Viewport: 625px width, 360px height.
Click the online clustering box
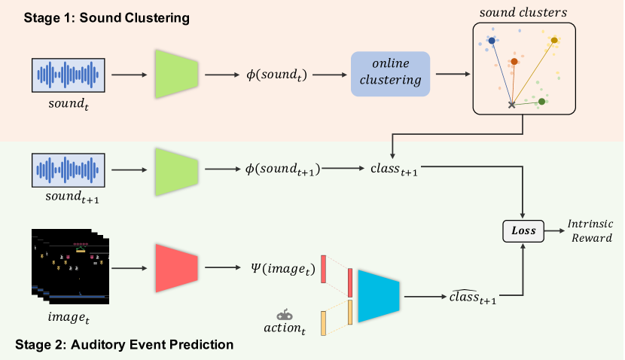[x=390, y=74]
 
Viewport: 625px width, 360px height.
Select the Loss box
[x=523, y=230]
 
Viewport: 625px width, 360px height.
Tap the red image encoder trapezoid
[x=176, y=268]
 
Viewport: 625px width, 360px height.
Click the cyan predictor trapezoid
[x=379, y=296]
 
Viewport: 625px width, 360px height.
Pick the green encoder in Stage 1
[x=176, y=74]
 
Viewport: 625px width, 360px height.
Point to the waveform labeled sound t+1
[x=69, y=170]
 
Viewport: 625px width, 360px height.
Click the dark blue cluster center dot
[x=492, y=41]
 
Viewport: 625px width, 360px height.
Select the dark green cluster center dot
[x=541, y=102]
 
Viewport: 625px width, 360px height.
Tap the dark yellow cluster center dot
[x=554, y=40]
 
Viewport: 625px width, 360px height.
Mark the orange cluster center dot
[x=514, y=62]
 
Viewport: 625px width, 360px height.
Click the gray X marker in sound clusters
[x=512, y=105]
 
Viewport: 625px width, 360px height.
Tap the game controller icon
[x=285, y=315]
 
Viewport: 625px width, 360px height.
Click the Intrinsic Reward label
[x=590, y=230]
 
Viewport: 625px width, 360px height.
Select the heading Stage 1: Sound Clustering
[x=106, y=18]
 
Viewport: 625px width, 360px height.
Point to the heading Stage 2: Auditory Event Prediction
[x=124, y=344]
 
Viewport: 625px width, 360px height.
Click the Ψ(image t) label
[x=283, y=269]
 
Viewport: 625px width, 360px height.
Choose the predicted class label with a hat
[x=473, y=297]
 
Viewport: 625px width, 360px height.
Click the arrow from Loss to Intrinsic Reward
[x=554, y=230]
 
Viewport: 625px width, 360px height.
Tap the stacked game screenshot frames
[x=70, y=267]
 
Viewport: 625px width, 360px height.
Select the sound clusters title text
[x=523, y=13]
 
